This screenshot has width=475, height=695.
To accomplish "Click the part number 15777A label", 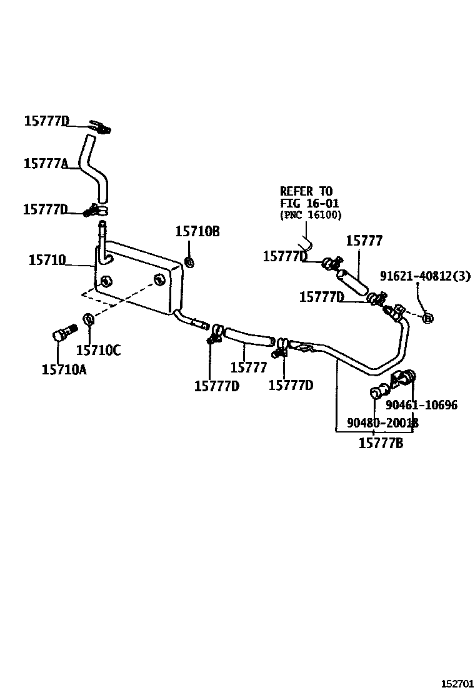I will pyautogui.click(x=46, y=164).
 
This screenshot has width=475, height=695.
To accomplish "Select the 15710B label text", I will pyautogui.click(x=197, y=232).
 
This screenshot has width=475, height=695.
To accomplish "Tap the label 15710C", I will pyautogui.click(x=98, y=351).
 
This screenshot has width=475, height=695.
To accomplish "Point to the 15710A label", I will pyautogui.click(x=64, y=370).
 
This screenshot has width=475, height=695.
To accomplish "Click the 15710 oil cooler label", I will pyautogui.click(x=47, y=260).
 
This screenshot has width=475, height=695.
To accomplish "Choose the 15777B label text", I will pyautogui.click(x=381, y=444).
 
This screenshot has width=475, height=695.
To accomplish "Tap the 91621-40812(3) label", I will pyautogui.click(x=425, y=276).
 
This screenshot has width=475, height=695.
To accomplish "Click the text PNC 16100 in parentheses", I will pyautogui.click(x=310, y=215).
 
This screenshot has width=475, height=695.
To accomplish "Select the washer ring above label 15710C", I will pyautogui.click(x=89, y=320).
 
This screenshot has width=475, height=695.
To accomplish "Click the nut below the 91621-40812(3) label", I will pyautogui.click(x=427, y=318).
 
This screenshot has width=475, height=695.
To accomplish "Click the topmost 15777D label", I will pyautogui.click(x=46, y=121).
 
